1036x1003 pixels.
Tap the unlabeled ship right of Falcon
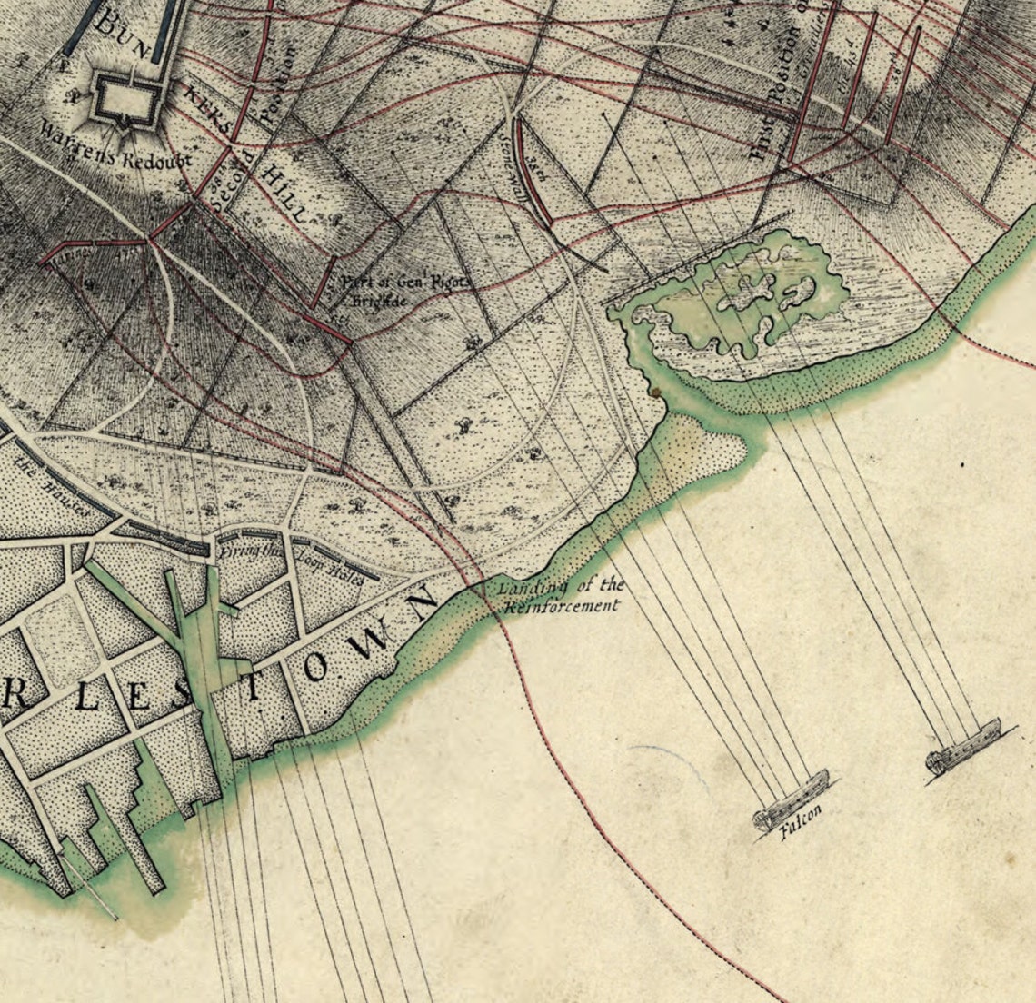(x=962, y=746)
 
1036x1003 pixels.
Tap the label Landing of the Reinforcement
(x=560, y=596)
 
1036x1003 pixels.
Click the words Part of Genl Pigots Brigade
(x=404, y=289)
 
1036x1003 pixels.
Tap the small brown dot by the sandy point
(x=652, y=392)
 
